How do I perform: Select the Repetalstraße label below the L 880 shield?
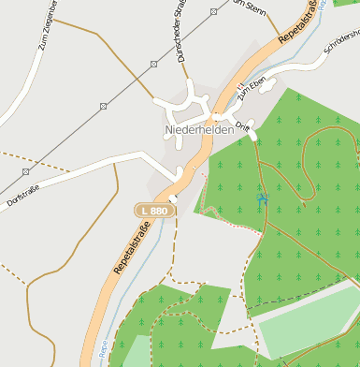133,252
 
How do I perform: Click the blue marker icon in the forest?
263,198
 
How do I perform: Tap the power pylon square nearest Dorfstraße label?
26,172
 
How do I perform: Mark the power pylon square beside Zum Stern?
214,12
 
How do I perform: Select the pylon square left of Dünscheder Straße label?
153,65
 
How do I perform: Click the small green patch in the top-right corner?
346,3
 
